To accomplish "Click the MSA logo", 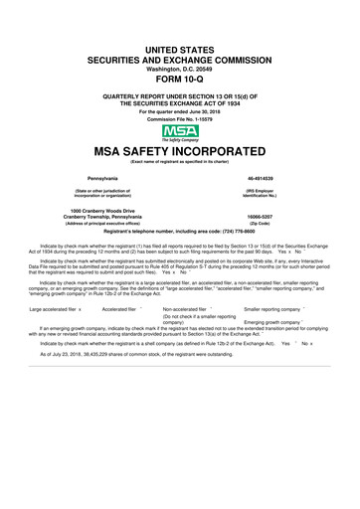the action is click(x=180, y=131).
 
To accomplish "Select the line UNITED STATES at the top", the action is click(x=180, y=48).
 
